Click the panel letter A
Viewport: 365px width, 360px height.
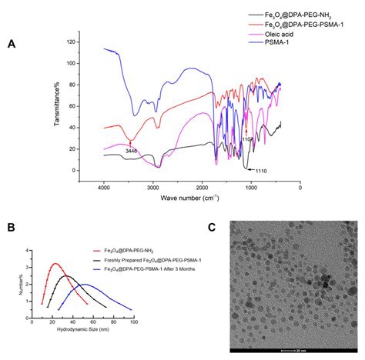click(x=11, y=44)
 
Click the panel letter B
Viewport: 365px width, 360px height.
click(x=10, y=228)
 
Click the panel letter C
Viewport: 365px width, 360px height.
click(x=213, y=228)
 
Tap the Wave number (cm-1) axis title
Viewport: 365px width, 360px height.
click(x=189, y=198)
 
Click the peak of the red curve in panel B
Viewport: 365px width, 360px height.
click(x=55, y=264)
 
